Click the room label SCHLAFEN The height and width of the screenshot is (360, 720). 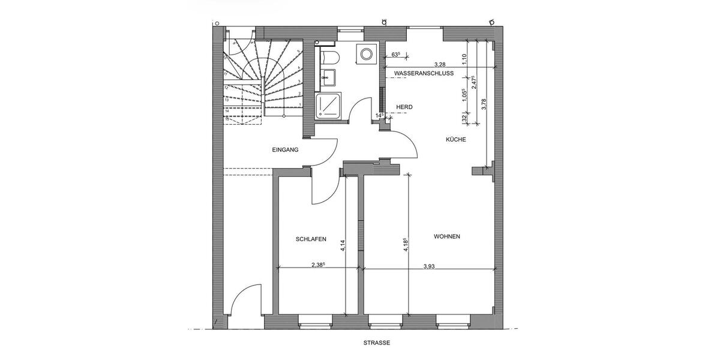pos(311,239)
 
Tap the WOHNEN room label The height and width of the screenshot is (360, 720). pos(447,236)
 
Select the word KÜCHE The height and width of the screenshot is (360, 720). pos(455,139)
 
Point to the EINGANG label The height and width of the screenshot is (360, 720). pos(285,150)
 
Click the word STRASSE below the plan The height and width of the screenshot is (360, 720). pos(376,343)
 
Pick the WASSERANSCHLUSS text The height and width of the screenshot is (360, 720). pos(423,73)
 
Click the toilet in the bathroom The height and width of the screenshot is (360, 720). pos(329,57)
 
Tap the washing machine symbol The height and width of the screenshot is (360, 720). pos(364,54)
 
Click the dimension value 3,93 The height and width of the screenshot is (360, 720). pos(429,266)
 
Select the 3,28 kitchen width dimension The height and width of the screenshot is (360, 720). pos(439,64)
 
